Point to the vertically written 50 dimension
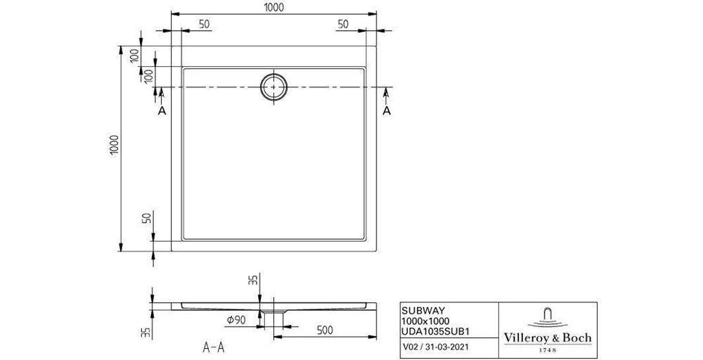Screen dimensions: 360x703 147,219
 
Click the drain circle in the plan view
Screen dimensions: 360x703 273,86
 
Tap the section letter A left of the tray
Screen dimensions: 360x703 162,110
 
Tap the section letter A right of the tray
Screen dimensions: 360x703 386,110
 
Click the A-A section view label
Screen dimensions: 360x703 213,347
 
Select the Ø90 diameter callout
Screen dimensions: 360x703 236,321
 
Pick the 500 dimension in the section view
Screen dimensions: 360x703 325,329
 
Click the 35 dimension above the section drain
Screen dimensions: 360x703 254,281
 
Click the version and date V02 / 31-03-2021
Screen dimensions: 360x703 441,347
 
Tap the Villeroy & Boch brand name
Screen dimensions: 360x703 548,338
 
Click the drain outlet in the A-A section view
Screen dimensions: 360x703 273,310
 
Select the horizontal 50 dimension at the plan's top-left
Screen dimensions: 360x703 204,24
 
